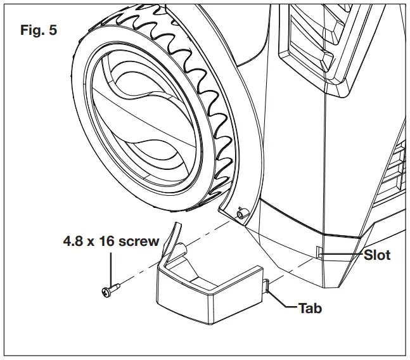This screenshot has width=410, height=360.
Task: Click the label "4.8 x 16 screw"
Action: point(111,241)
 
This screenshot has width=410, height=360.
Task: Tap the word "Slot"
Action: point(378,256)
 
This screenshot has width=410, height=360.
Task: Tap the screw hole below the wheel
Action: point(241,214)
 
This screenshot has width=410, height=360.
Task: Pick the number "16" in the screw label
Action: point(108,241)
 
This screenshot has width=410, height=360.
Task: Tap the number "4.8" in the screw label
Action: point(72,241)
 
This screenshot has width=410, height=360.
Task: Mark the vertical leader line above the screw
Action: point(112,266)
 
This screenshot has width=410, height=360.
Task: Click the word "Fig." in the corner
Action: point(29,30)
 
